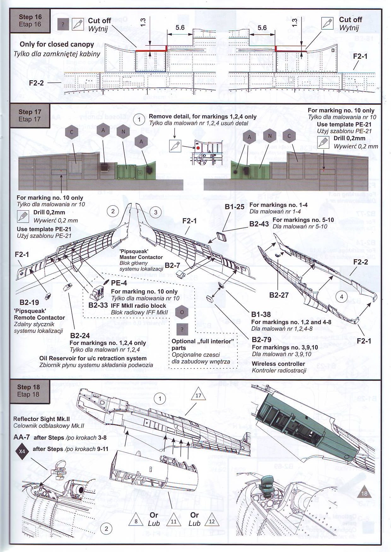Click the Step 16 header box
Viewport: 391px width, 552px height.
coord(30,21)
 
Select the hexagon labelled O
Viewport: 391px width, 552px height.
coord(182,312)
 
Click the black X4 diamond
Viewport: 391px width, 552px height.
coord(22,451)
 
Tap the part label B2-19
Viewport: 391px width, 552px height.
coord(29,303)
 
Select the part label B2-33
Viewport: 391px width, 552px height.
coord(98,305)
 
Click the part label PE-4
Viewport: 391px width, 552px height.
coord(119,283)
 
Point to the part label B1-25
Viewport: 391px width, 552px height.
coord(234,207)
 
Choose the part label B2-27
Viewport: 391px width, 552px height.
coord(279,295)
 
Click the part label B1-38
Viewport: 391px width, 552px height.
coord(261,314)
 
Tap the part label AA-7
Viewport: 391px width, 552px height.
coord(22,437)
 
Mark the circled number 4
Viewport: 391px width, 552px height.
coord(341,296)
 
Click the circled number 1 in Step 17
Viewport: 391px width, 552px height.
coord(139,120)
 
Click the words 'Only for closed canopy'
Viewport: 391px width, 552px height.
coord(57,44)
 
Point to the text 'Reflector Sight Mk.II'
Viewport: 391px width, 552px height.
coord(42,419)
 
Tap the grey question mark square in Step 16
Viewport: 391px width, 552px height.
coord(63,25)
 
